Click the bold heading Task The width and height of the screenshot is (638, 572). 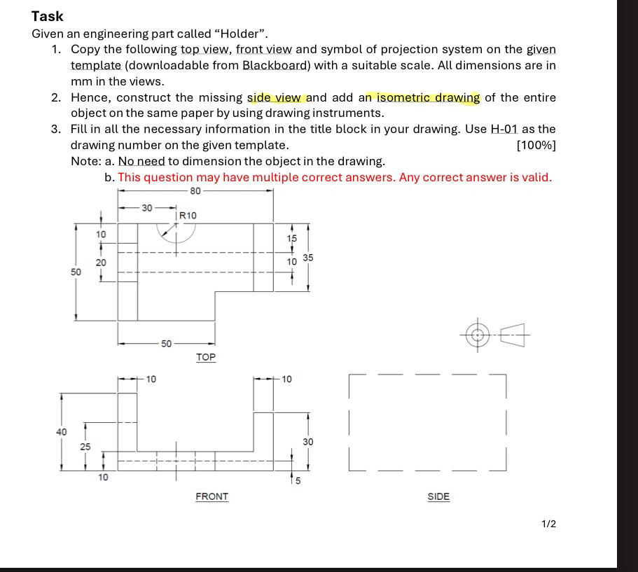point(48,16)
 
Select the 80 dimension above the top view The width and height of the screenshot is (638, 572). point(195,190)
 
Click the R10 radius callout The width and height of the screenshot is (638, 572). point(188,216)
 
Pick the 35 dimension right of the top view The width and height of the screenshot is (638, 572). point(308,258)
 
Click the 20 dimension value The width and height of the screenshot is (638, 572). point(102,260)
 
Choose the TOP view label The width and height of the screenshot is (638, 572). point(206,357)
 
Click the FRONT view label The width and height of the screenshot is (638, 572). point(211,496)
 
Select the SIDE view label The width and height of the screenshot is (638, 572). point(438,496)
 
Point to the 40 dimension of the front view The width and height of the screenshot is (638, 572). point(62,431)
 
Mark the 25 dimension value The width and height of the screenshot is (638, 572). point(85,446)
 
